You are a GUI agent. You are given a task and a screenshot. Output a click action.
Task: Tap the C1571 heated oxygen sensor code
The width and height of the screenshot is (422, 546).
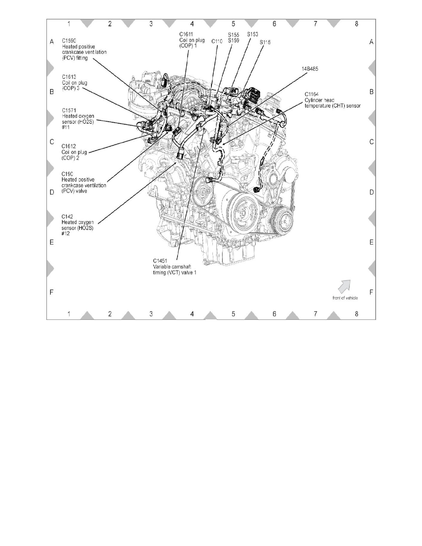[69, 110]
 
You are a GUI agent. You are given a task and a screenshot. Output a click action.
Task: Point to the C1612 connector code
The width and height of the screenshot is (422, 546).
[69, 146]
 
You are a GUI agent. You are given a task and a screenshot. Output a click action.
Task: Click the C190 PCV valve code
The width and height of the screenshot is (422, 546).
[68, 174]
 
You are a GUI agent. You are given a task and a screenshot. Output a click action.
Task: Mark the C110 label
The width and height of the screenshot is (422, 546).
[217, 41]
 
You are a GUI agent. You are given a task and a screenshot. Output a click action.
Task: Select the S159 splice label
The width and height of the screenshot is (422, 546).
[234, 40]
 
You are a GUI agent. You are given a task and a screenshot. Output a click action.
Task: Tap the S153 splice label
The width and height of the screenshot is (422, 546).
[252, 34]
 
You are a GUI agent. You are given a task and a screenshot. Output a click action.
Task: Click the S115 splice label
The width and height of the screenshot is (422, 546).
[265, 42]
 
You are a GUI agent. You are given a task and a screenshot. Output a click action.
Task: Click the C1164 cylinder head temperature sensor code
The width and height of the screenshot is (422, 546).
[311, 94]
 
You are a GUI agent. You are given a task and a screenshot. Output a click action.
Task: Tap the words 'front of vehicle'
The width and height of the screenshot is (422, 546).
[345, 298]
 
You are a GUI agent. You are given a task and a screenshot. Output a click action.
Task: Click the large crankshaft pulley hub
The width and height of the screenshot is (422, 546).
[244, 213]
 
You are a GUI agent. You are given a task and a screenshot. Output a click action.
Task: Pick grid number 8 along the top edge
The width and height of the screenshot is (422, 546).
[357, 23]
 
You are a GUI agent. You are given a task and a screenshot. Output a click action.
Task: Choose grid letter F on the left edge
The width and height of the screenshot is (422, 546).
[52, 292]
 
